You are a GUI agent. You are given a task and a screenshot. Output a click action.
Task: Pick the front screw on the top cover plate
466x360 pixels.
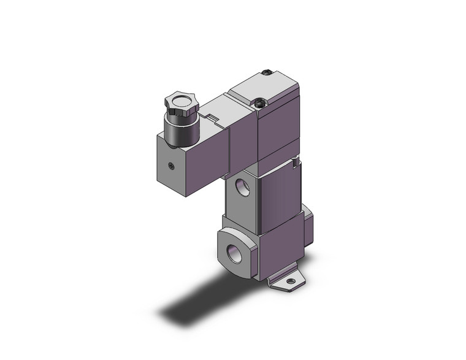pyautogui.click(x=262, y=103)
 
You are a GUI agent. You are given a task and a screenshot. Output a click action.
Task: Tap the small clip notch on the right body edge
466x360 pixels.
pyautogui.click(x=297, y=164)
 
